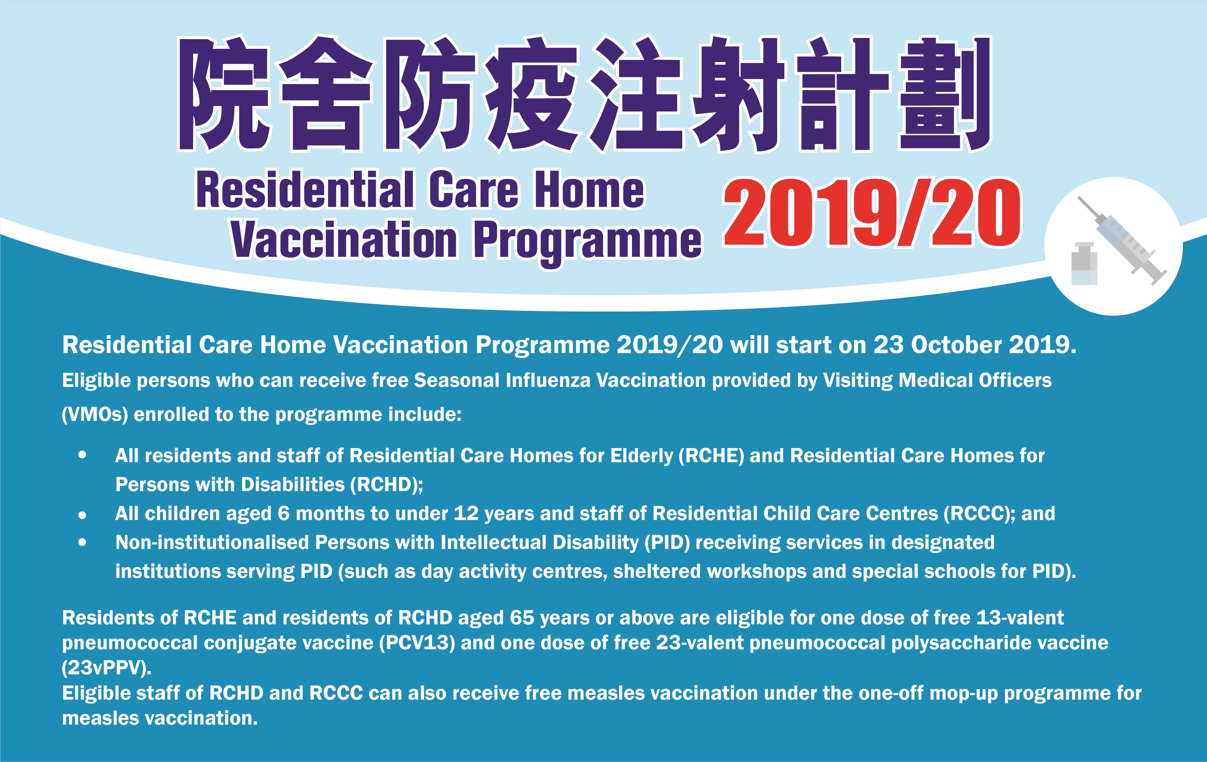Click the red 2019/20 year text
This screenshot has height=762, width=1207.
point(872,212)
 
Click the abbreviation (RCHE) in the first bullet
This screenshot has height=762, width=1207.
point(711,456)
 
